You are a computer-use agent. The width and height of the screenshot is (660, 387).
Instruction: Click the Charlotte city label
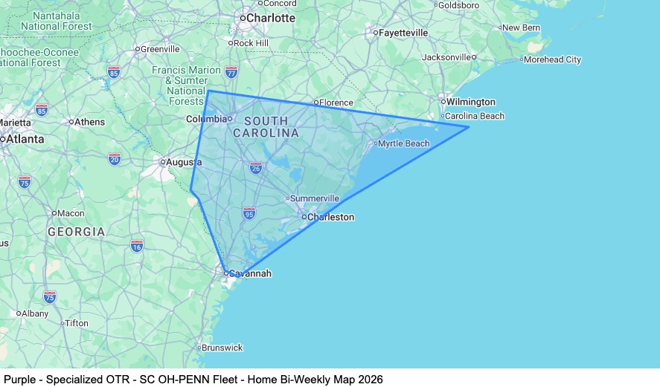click(270, 18)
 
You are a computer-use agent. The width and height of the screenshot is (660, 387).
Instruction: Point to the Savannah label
click(249, 273)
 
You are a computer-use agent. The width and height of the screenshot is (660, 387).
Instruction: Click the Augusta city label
click(184, 161)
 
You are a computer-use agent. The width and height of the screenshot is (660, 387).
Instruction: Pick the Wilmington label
click(470, 102)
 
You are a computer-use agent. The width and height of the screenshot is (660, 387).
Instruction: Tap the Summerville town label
click(314, 198)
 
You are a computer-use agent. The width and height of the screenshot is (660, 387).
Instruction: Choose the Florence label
click(336, 103)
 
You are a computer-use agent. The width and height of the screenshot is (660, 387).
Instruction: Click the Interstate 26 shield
click(256, 168)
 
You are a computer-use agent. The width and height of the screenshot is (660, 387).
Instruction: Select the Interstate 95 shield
click(249, 214)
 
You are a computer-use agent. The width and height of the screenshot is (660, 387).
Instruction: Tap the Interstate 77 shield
click(231, 72)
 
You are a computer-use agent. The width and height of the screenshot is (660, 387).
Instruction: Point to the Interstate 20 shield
click(115, 158)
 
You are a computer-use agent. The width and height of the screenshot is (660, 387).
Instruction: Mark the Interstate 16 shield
click(137, 245)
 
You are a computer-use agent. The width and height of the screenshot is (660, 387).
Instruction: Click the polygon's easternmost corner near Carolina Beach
click(468, 127)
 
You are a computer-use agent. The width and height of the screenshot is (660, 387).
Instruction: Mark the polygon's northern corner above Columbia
click(208, 91)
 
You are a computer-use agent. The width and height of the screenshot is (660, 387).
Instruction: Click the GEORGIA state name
click(77, 232)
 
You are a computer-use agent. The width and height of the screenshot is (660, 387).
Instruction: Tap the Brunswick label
click(222, 347)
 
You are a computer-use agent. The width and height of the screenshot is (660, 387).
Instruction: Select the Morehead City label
click(554, 59)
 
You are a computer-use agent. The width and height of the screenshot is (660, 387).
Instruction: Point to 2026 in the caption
click(370, 380)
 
